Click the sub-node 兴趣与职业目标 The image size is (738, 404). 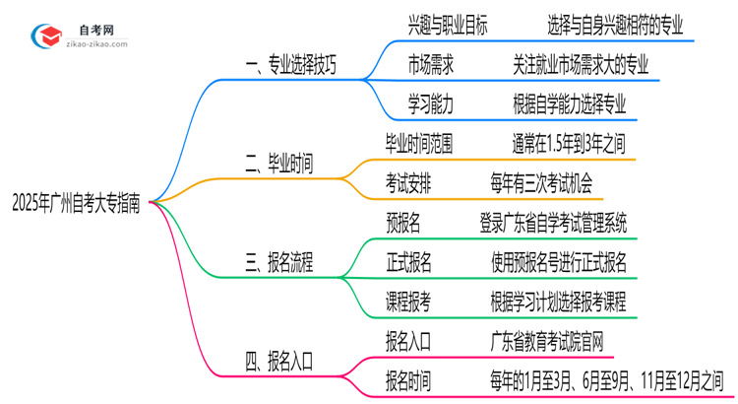coord(447,22)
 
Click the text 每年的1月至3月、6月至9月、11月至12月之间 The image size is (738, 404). coord(607,379)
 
